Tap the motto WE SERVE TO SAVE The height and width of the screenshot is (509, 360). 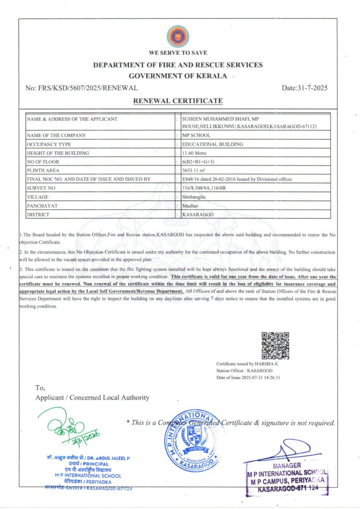(x=178, y=53)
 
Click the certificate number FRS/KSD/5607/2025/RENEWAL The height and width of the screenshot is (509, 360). (x=81, y=88)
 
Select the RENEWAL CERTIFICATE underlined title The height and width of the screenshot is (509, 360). (x=178, y=101)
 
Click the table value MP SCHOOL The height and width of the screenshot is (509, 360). (x=196, y=135)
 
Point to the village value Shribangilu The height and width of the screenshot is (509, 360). (x=194, y=197)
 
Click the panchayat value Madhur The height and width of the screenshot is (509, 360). (x=190, y=205)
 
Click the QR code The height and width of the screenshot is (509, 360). (x=275, y=345)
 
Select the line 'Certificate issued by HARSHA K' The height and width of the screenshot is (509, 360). (x=249, y=364)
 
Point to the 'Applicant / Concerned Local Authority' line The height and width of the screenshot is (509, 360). (x=92, y=397)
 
